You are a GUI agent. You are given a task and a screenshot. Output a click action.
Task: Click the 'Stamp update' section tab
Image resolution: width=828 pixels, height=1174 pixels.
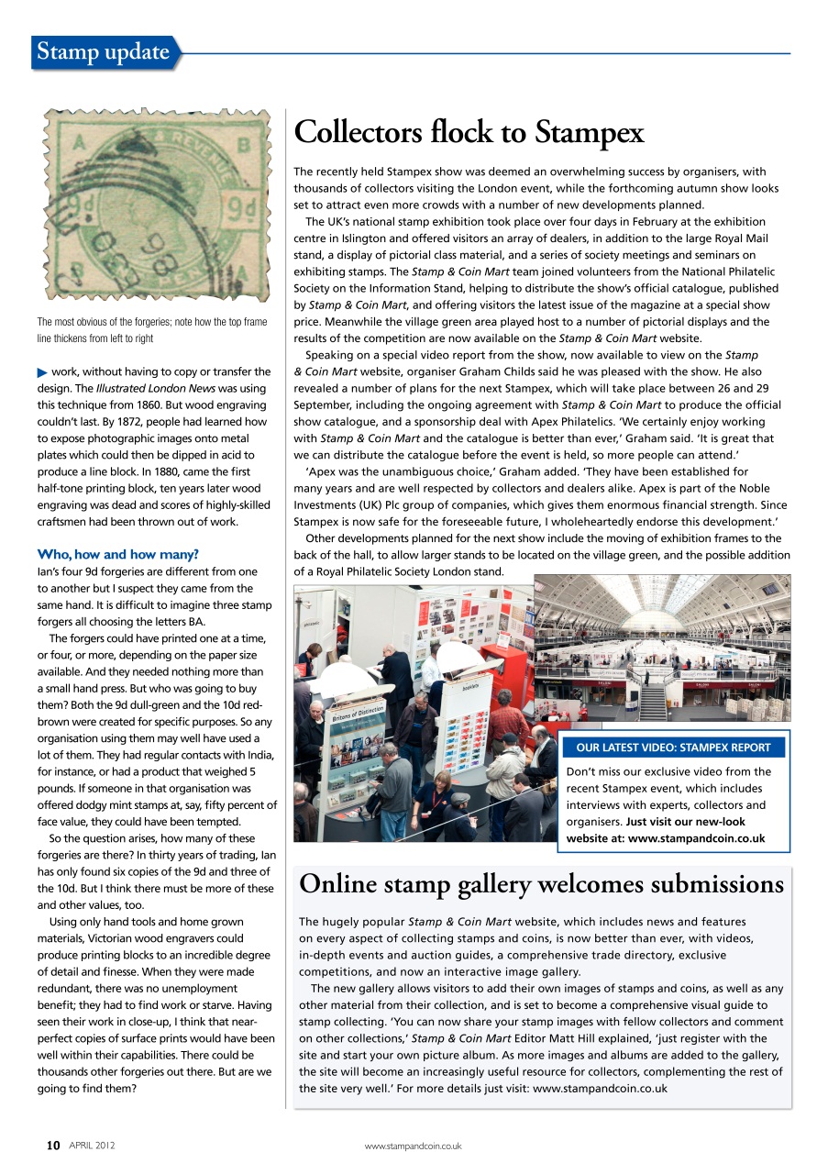coord(104,52)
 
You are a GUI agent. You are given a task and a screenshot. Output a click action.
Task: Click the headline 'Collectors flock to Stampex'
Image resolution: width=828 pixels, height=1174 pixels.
coord(469,133)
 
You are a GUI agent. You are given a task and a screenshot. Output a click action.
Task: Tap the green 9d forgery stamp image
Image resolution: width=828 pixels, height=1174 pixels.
coord(154,206)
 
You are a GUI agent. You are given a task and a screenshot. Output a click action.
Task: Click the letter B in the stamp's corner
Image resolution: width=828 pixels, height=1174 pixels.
coord(244,144)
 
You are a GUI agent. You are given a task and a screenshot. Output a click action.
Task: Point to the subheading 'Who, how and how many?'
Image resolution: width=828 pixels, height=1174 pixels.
coord(117,554)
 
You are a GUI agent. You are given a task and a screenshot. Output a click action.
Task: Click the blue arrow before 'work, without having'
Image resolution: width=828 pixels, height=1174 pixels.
coord(42,371)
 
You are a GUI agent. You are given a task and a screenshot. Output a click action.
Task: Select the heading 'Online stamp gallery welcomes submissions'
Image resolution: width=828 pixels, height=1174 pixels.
coord(541,884)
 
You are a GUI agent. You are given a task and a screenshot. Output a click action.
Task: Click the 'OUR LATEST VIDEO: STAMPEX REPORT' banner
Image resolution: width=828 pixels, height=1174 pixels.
coord(673,748)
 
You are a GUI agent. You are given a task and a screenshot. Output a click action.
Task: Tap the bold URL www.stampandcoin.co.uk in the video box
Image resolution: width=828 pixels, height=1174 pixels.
coord(696,838)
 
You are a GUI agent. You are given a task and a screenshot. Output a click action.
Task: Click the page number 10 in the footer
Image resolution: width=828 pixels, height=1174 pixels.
coord(53,1146)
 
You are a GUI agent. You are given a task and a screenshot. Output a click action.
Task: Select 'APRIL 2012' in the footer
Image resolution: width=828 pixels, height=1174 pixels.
coord(93,1146)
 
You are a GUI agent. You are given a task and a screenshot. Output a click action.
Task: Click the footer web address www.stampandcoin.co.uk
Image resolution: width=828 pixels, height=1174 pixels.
coord(413,1146)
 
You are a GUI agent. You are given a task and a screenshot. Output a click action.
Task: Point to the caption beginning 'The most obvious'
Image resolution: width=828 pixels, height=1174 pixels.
coord(152,330)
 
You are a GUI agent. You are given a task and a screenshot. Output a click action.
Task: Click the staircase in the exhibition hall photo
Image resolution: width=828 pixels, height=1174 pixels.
coord(652,703)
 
